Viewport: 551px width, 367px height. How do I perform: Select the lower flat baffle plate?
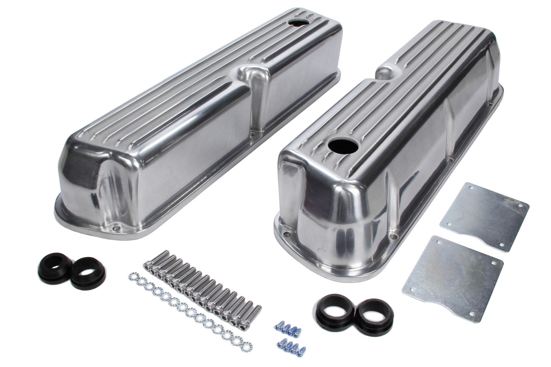click(x=454, y=276)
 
